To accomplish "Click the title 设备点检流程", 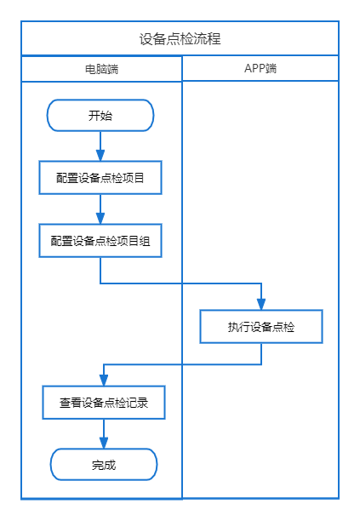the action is [180, 39].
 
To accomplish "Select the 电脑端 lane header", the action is [101, 69].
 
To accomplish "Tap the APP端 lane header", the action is [260, 68].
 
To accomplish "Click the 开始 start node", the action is [100, 115].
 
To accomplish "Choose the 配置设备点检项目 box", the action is [100, 178].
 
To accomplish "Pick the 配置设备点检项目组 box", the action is [100, 241].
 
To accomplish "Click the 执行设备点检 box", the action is [261, 327].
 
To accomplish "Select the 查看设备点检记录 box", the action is [104, 403].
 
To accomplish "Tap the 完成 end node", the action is [104, 465].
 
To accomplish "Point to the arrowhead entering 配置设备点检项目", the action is [100, 156].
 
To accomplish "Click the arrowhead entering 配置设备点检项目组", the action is [100, 218].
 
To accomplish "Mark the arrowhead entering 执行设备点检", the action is [261, 305].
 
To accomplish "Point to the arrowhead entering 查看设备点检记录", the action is [104, 381].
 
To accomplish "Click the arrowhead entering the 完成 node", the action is [104, 443].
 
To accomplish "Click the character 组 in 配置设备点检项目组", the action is [145, 241].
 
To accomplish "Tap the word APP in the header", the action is [254, 68].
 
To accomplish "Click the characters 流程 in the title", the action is [207, 39].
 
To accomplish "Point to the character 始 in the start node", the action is [106, 116].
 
